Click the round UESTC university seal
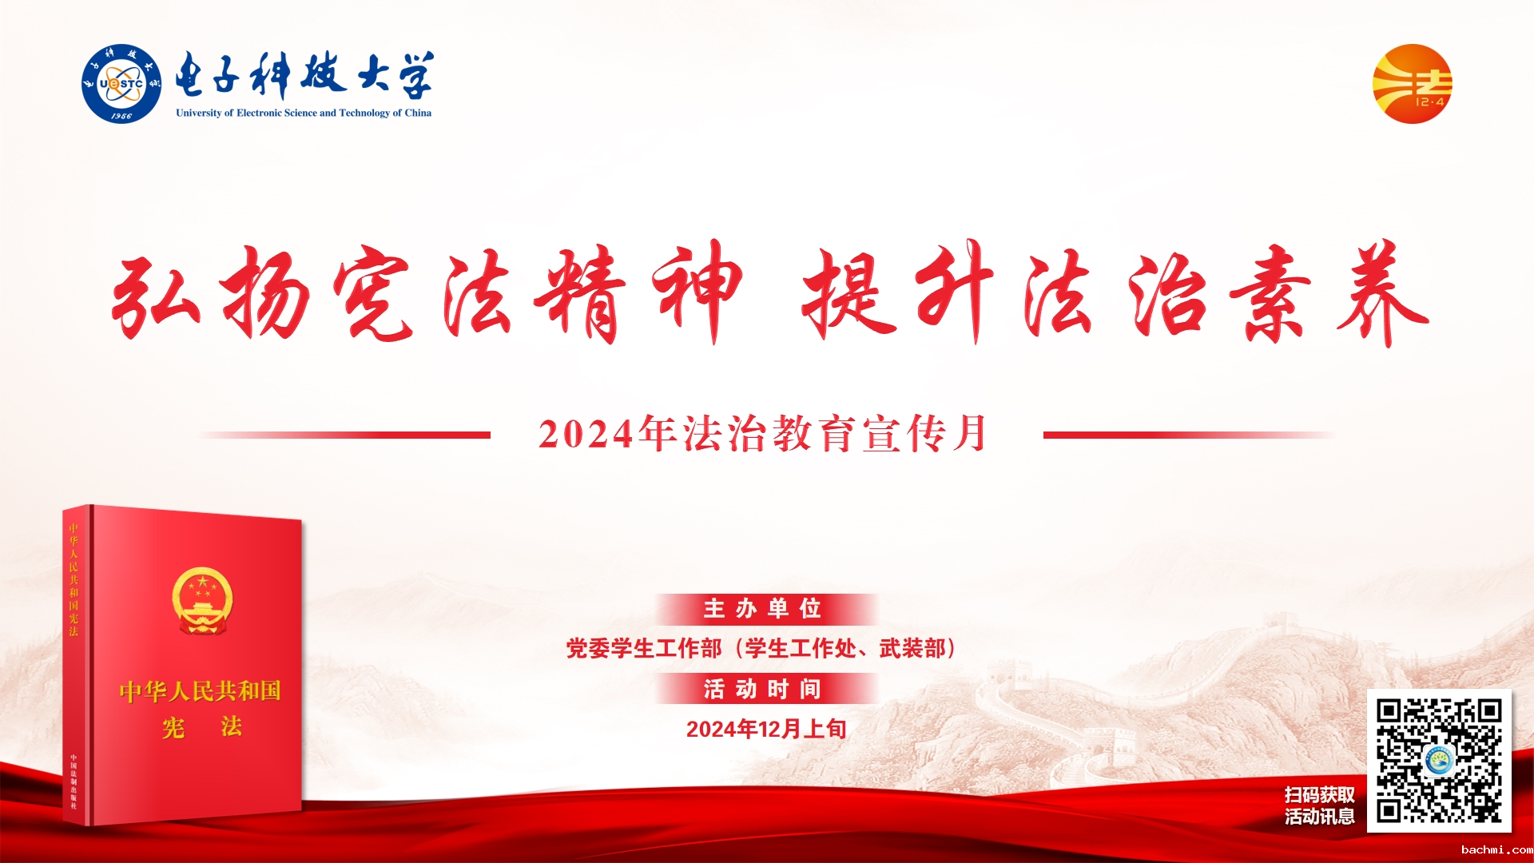(x=121, y=84)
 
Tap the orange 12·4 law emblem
(x=1412, y=84)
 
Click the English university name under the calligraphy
(x=304, y=113)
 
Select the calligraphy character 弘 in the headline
(x=156, y=294)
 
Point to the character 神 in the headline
(x=698, y=292)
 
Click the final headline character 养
(x=1383, y=294)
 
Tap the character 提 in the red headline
(x=848, y=294)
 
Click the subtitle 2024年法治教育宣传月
(x=763, y=434)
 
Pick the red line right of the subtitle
(x=1189, y=435)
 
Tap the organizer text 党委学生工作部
(x=644, y=648)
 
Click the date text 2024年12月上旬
(x=766, y=729)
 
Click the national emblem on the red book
(x=202, y=600)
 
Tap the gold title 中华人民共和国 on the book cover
(x=201, y=691)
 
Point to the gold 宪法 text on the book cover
(x=202, y=727)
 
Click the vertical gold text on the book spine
(x=74, y=579)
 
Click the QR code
(x=1439, y=761)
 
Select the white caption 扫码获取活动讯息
(x=1320, y=805)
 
